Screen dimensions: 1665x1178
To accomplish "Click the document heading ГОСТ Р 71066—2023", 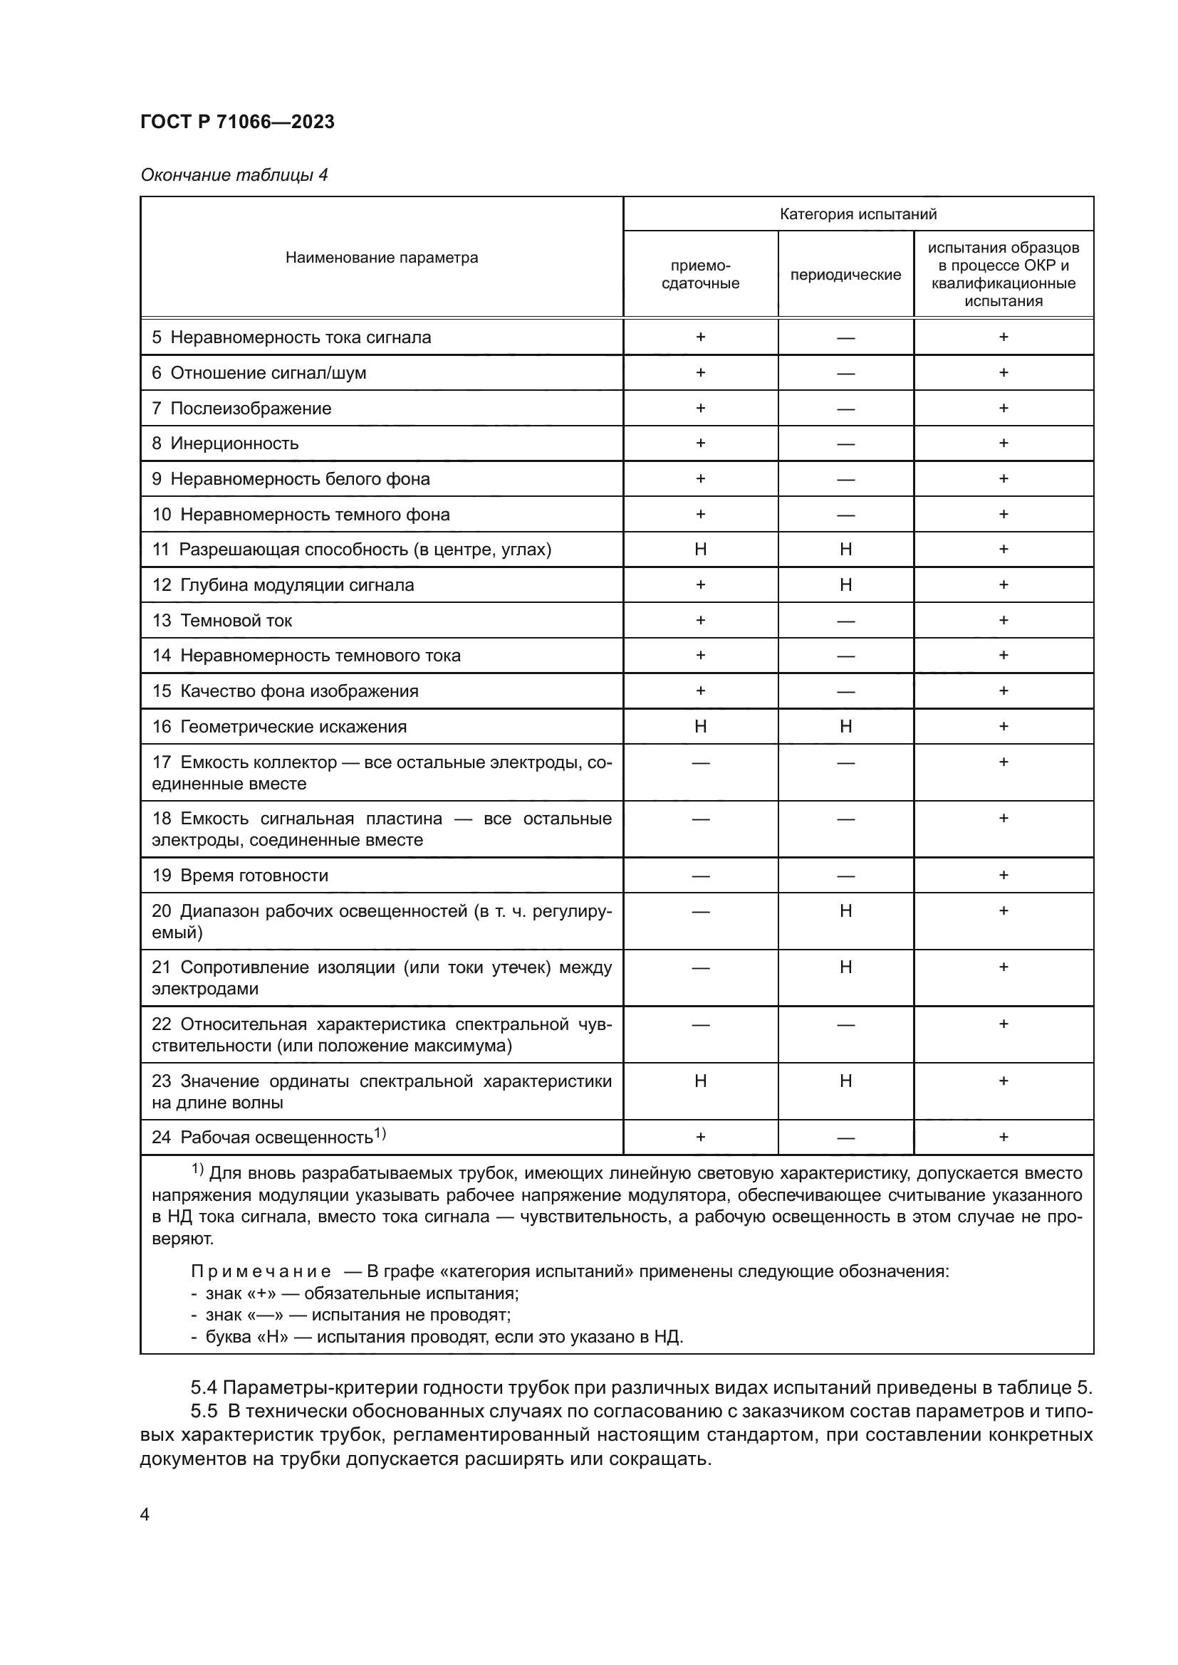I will tap(237, 122).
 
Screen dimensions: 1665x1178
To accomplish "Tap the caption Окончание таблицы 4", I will tap(234, 175).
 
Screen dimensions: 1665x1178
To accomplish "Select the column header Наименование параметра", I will tap(382, 258).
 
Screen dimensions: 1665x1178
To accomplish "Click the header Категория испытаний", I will tap(858, 214).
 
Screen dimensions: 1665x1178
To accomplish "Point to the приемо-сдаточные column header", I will tap(700, 274).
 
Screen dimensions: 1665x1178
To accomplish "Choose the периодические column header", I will tap(845, 275).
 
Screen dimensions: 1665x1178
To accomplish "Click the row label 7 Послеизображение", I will tap(241, 409).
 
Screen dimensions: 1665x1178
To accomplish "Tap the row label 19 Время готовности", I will tap(239, 876).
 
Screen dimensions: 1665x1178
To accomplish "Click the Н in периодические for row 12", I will tap(845, 584).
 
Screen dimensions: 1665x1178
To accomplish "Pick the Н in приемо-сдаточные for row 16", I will tap(700, 726).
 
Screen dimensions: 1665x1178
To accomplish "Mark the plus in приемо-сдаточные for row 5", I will tap(700, 337).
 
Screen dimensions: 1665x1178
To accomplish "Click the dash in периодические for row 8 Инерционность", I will tap(845, 443).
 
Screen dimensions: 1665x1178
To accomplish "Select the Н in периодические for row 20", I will tap(845, 911).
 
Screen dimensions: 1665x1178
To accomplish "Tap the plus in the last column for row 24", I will tap(1004, 1137).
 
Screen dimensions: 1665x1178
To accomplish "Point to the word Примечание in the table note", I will tap(261, 1271).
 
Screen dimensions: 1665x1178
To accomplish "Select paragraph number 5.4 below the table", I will tap(204, 1387).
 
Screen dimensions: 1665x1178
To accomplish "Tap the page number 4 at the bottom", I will tap(145, 1515).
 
